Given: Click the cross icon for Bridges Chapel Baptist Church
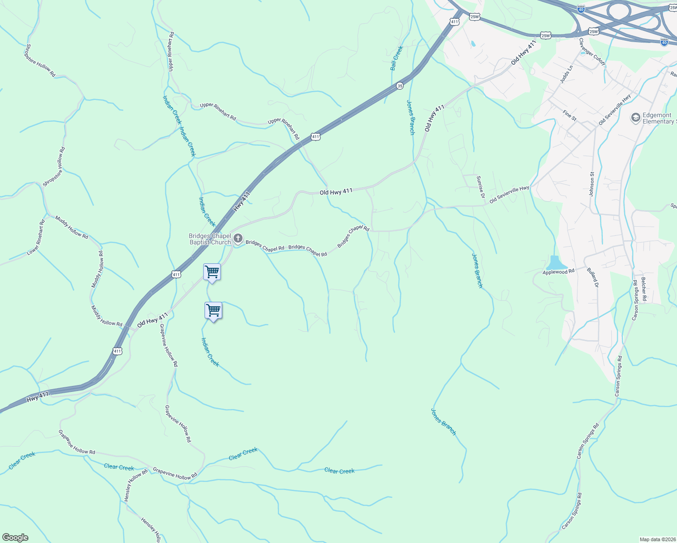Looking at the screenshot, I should point(238,238).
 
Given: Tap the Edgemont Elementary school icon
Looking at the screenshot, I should point(635,118).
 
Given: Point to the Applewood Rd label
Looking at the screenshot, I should point(558,272).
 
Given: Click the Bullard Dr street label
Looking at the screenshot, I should point(593,278).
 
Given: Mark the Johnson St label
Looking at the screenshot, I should point(591,183).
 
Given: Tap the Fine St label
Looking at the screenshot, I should point(570,115).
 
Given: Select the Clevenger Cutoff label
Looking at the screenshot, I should point(592,52).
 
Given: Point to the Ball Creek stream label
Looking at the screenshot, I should point(396,58).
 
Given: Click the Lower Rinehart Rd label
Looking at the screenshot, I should point(36,238).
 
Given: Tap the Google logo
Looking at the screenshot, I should point(15,538).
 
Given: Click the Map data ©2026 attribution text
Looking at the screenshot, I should point(658,539).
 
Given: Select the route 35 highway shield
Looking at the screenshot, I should point(400,86).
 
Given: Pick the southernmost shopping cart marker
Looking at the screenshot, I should point(213,311).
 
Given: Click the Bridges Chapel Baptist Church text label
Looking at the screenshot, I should point(210,239).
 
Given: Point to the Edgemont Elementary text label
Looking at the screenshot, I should point(659,118).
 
